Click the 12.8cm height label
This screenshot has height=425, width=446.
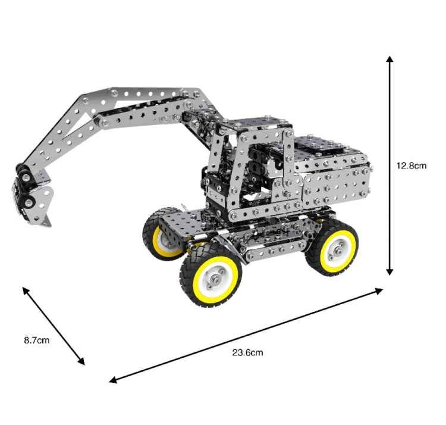click(411, 166)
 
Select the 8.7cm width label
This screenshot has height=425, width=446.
click(36, 340)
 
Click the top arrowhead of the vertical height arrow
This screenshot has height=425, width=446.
click(390, 60)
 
